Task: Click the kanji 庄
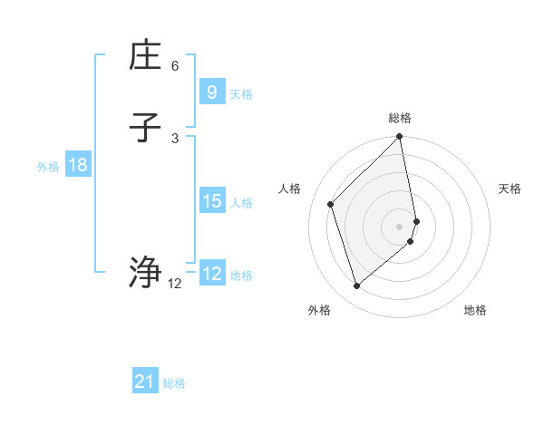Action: coord(145,56)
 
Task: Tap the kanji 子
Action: coord(145,128)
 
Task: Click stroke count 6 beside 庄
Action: coord(175,66)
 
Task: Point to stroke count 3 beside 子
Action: coord(175,138)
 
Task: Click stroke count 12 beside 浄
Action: coord(175,284)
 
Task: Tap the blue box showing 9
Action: coord(211,92)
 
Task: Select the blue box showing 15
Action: coord(211,201)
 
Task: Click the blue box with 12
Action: coord(211,274)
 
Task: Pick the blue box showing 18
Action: coord(77,165)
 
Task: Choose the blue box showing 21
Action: coord(144,382)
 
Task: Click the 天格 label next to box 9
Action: coord(241,94)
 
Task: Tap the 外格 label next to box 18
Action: coord(48,167)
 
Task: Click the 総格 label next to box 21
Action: coord(174,383)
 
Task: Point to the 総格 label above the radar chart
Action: coord(400,118)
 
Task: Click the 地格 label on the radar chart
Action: coord(475,310)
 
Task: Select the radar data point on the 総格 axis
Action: coord(400,137)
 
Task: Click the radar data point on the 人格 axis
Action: coord(331,204)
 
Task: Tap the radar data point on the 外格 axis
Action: coord(357,286)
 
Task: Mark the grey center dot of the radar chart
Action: coord(400,226)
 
